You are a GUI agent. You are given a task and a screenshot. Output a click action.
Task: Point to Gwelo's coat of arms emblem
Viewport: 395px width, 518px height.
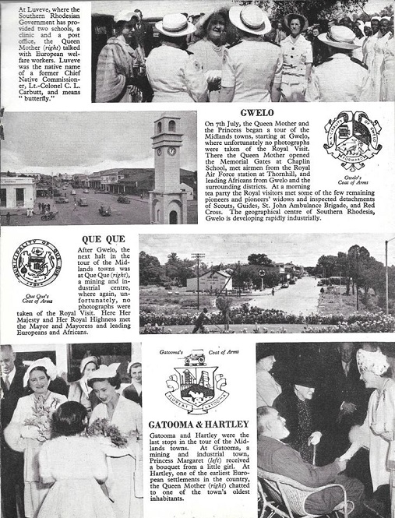352,143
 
